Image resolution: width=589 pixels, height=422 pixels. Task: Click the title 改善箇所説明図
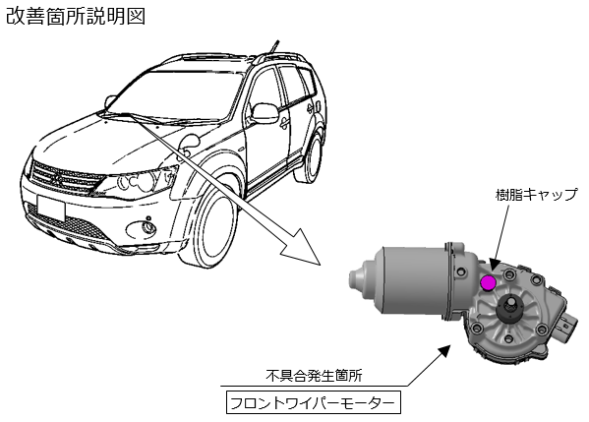[76, 17]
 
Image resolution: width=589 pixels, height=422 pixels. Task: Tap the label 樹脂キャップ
[536, 195]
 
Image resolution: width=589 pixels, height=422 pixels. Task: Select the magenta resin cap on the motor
[489, 282]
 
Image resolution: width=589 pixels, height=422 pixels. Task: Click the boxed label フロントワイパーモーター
[314, 403]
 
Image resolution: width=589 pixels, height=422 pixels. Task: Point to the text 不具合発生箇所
[314, 376]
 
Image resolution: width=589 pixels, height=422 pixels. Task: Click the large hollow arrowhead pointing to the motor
[302, 247]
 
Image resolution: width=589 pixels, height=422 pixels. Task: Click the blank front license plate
[51, 208]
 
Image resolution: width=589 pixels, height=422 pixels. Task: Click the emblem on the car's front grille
[57, 180]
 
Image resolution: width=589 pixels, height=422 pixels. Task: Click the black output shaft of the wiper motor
[511, 309]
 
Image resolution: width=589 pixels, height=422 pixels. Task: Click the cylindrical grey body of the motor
[413, 280]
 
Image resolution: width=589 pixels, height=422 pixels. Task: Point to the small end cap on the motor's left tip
[360, 280]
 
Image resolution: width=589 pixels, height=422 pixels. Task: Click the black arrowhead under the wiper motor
[444, 351]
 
